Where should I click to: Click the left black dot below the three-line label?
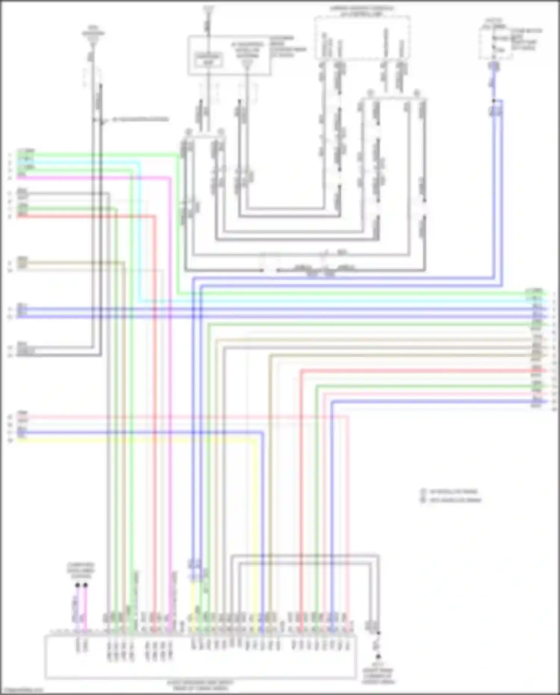(78, 585)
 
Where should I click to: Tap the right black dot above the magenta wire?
(85, 585)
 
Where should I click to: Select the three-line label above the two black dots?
(81, 571)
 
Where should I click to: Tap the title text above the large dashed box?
(361, 11)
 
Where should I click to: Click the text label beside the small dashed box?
(526, 39)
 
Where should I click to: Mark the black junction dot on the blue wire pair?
(494, 101)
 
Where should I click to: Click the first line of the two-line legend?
(454, 492)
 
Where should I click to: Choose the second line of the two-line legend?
(455, 500)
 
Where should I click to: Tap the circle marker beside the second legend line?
(423, 500)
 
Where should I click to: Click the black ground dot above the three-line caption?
(378, 656)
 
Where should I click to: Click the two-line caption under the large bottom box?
(200, 685)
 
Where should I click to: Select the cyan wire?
(336, 301)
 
